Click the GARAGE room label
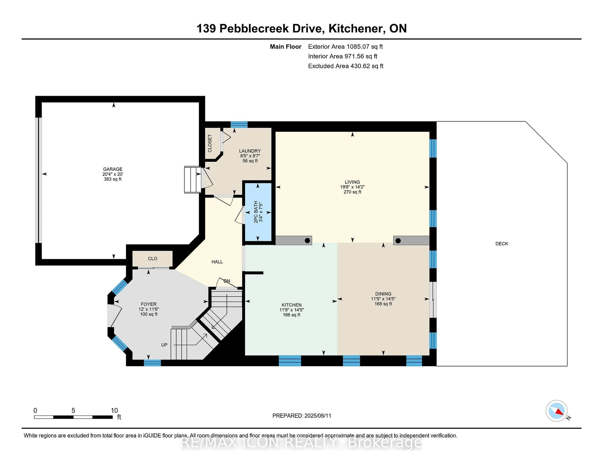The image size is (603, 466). point(113,169)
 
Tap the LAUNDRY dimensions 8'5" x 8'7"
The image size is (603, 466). point(250,156)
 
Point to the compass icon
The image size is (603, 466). point(556,411)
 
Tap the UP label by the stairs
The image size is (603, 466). point(164,345)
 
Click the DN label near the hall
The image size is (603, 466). point(227,281)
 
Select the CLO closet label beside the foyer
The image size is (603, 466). point(152,259)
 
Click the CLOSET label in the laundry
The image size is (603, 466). point(210,143)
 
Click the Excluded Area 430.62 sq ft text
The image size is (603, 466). point(345,66)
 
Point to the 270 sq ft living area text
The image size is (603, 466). point(352,192)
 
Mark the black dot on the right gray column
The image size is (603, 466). point(398,241)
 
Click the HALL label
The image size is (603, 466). point(217,262)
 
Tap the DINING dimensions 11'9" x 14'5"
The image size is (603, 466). point(383,299)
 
